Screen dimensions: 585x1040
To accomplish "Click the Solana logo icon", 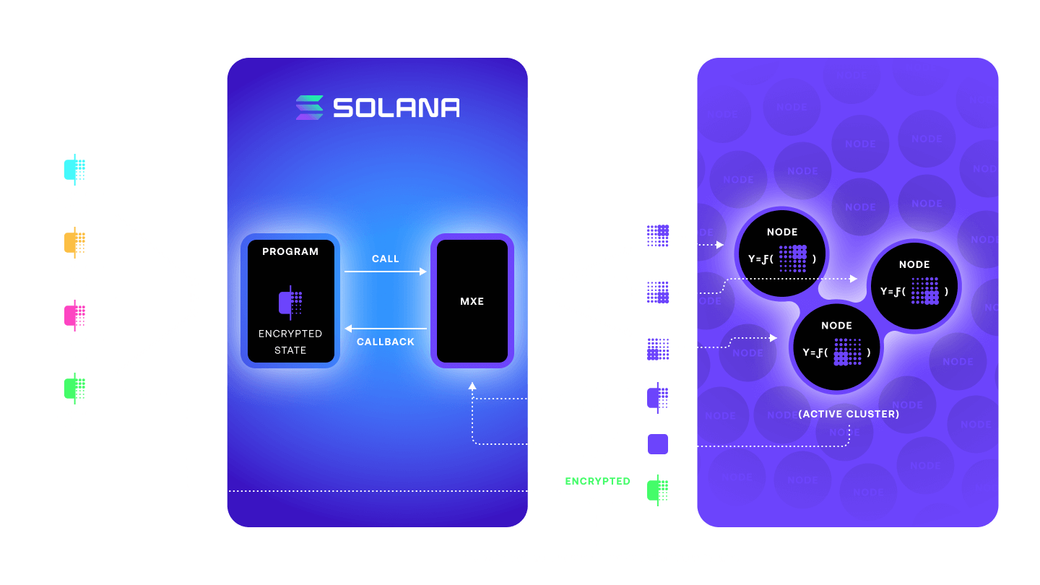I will (309, 108).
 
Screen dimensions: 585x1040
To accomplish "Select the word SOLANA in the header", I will (396, 108).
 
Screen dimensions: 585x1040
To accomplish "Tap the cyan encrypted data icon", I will (74, 170).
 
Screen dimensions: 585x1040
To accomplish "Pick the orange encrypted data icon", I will (74, 243).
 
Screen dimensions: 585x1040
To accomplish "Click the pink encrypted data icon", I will (74, 316).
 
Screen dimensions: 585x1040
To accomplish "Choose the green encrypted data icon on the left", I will (74, 389).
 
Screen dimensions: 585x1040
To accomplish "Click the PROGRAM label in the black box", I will (290, 252).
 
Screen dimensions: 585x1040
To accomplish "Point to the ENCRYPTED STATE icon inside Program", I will (290, 301).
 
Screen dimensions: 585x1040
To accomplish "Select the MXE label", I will (472, 301).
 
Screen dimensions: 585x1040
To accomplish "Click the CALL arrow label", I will (385, 259).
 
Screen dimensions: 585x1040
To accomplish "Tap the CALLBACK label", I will (386, 342).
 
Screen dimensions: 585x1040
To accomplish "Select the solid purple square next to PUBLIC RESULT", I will (658, 444).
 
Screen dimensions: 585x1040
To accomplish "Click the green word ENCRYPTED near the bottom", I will (597, 481).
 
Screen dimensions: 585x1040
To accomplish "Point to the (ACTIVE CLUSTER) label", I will (849, 415).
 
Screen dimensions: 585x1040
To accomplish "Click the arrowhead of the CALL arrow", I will (424, 272).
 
